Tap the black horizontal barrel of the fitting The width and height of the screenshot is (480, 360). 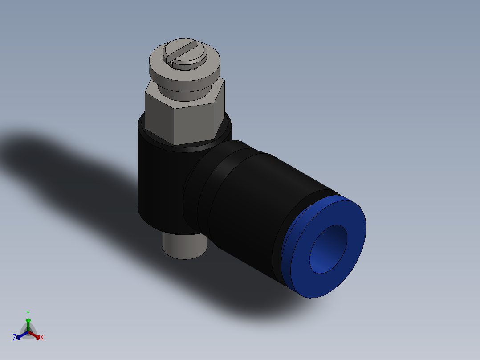[249, 205]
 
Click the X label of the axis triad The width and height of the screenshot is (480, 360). [42, 338]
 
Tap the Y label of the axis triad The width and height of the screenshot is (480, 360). [28, 313]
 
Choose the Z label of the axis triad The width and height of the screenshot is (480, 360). [15, 337]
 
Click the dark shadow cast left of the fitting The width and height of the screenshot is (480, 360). [67, 165]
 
